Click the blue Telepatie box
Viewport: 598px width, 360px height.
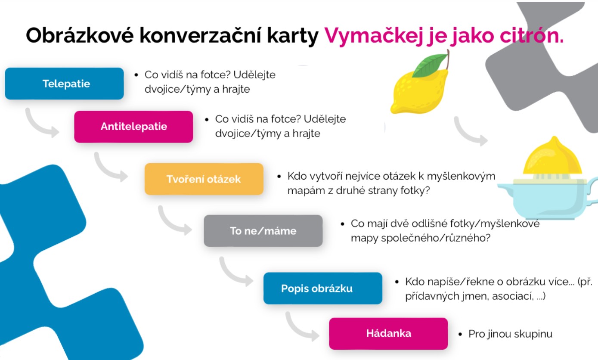(x=64, y=84)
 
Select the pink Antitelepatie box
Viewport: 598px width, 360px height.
(x=133, y=127)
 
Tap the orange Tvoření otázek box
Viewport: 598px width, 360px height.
(x=204, y=179)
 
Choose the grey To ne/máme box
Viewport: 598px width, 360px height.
(x=263, y=231)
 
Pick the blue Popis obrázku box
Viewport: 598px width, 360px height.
(x=323, y=289)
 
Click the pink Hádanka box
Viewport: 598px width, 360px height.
(x=388, y=334)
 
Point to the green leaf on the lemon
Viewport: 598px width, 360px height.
(x=430, y=65)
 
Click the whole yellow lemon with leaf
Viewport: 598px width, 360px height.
(x=420, y=83)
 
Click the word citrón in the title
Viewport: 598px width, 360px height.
(x=532, y=35)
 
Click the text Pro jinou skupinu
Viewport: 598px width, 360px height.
(x=510, y=334)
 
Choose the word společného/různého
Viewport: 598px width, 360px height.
(x=436, y=238)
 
